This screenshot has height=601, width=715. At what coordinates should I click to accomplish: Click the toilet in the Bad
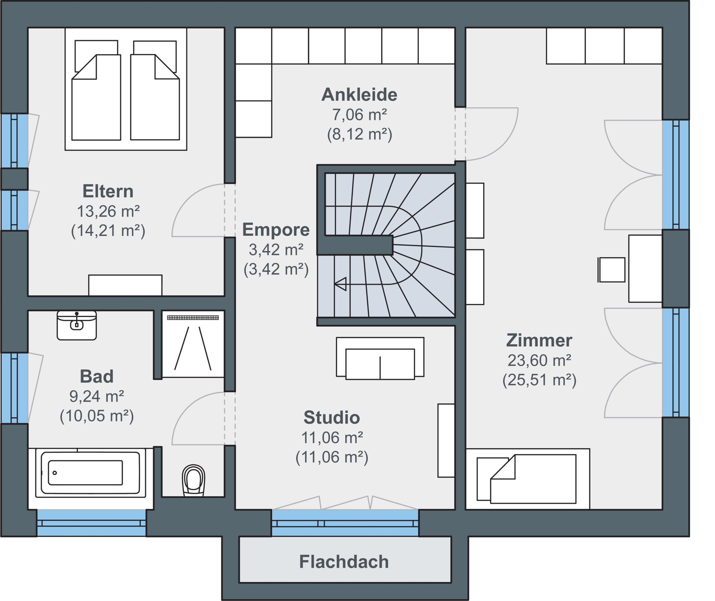[x=194, y=480]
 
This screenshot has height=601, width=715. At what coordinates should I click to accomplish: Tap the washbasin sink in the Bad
[x=77, y=325]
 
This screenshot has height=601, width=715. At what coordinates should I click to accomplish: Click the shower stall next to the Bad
[x=193, y=344]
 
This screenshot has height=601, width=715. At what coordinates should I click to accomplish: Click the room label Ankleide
[x=359, y=94]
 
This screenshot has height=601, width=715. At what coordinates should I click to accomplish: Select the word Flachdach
[x=344, y=562]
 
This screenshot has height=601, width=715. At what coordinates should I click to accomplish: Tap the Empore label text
[x=276, y=229]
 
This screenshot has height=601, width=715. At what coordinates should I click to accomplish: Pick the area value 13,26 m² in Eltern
[x=108, y=211]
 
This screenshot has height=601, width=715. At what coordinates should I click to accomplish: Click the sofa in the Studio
[x=380, y=358]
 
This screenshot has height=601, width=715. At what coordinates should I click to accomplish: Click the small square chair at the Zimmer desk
[x=612, y=270]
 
